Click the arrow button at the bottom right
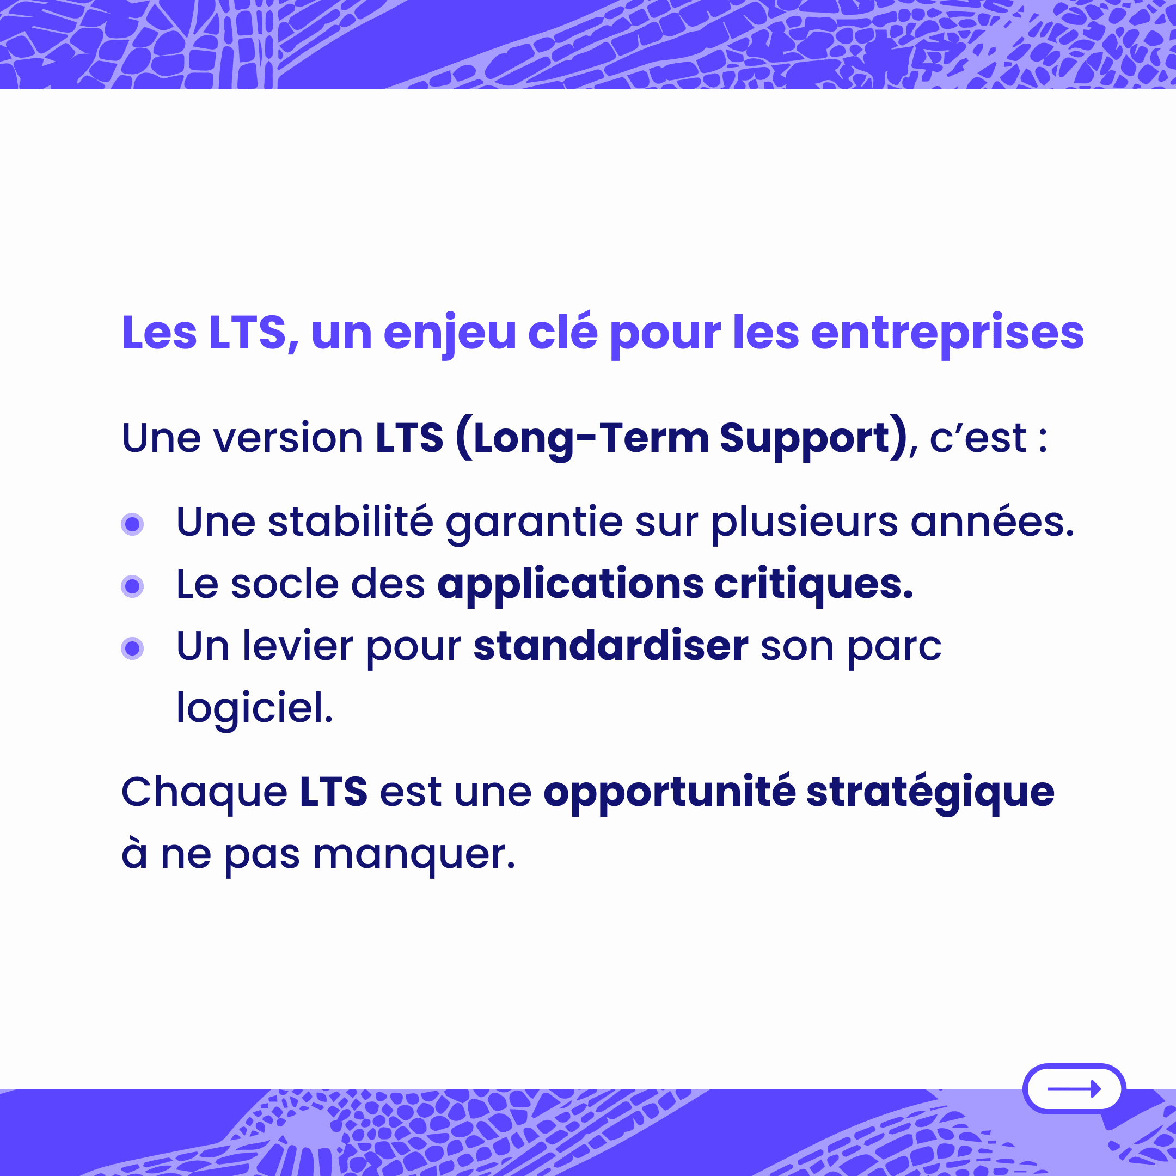pos(1074,1089)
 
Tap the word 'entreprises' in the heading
pos(947,333)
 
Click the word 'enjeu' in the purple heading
pos(449,334)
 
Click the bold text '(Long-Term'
pos(582,438)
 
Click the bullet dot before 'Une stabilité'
pos(132,524)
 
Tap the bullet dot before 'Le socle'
pos(132,586)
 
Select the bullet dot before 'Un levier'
pos(132,648)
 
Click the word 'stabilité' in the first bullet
pos(350,522)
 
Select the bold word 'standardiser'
pos(611,645)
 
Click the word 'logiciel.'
pos(254,708)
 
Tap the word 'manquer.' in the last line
pos(414,855)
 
